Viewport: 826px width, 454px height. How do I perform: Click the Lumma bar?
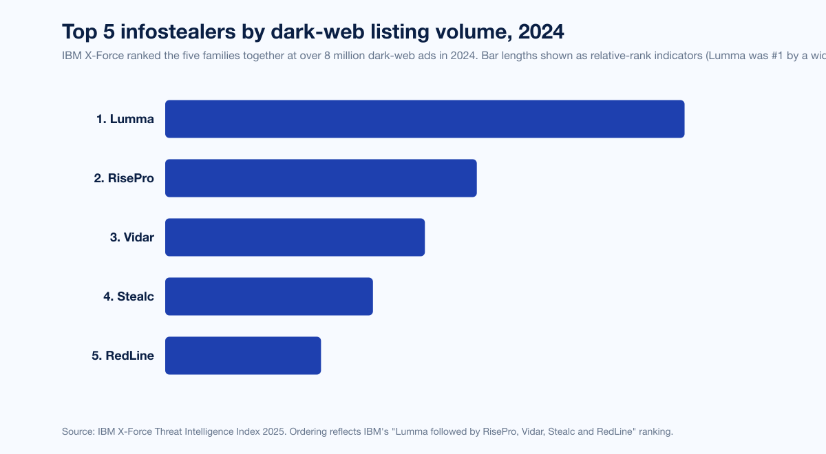point(425,119)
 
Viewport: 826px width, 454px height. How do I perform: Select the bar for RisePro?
point(321,178)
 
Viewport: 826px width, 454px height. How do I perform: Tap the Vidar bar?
point(295,237)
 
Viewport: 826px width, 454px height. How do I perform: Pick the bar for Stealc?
point(268,296)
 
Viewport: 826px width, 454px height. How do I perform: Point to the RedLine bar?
point(243,356)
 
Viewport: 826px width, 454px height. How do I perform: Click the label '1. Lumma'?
point(125,119)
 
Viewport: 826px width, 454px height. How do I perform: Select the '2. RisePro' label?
point(124,178)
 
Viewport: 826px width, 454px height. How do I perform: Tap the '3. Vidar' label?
point(132,237)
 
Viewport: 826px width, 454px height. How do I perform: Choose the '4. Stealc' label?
point(129,296)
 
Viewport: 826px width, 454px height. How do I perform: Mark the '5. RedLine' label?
point(123,356)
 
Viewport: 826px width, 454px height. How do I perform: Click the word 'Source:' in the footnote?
point(77,432)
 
